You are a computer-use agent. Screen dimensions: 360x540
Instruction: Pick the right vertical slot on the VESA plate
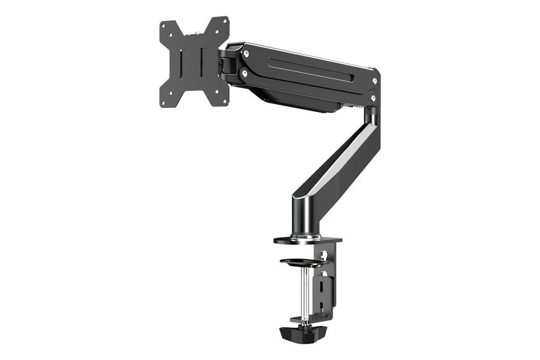point(204,62)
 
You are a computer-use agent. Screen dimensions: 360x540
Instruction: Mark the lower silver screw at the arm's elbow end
point(373,99)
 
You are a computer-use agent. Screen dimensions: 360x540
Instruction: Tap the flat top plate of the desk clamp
point(308,239)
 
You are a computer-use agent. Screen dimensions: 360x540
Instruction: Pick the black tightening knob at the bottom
point(305,333)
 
